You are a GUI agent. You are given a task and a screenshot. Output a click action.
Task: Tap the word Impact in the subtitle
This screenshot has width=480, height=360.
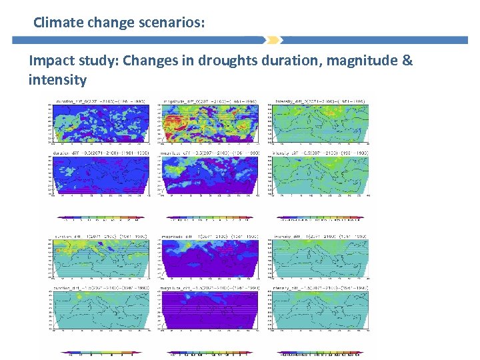pos(52,61)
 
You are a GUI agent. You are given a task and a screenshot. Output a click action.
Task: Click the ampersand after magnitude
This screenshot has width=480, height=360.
pos(407,61)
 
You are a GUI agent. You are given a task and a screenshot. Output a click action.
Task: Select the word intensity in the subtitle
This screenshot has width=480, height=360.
pos(57,81)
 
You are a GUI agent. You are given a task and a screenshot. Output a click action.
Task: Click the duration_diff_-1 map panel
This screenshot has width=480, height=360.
pos(99,259)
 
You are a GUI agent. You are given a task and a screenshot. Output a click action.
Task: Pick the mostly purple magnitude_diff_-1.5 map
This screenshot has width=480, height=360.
pos(209,312)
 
